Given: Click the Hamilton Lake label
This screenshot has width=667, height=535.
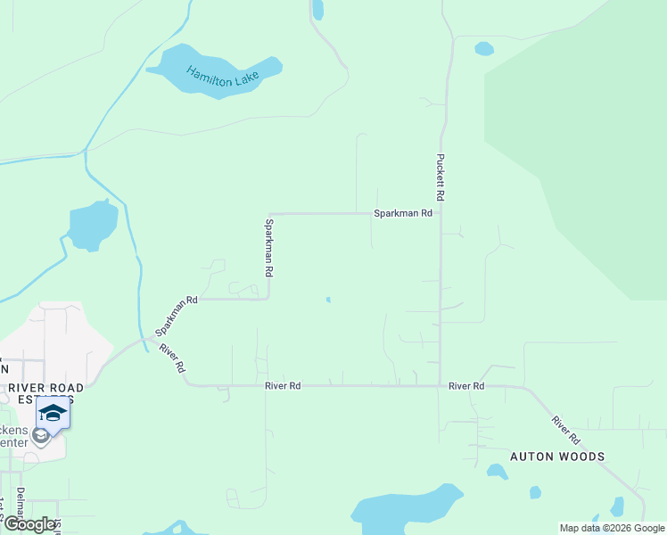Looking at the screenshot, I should [x=222, y=77].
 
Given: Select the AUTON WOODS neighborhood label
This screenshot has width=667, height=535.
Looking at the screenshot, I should [x=557, y=457].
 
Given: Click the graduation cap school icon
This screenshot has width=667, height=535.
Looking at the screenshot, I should [x=53, y=414].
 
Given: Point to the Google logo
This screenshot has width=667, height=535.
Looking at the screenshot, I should [x=29, y=524].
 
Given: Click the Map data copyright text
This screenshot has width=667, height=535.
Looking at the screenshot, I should [x=612, y=528].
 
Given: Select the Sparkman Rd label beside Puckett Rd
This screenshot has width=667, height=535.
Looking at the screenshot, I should [x=403, y=213].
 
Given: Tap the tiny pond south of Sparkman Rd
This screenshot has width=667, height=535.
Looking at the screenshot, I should [x=328, y=300].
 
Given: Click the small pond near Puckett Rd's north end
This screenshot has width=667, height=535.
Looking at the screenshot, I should [x=484, y=48].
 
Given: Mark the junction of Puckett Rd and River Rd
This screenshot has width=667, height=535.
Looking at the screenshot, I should [x=440, y=386].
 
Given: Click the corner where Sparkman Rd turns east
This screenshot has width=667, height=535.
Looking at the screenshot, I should [x=269, y=214].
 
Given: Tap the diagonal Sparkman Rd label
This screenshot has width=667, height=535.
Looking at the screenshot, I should [x=176, y=317].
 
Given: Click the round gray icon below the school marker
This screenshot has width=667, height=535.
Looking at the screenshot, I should [x=40, y=436].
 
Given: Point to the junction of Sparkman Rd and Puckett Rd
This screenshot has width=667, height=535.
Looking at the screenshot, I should [x=440, y=213].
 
